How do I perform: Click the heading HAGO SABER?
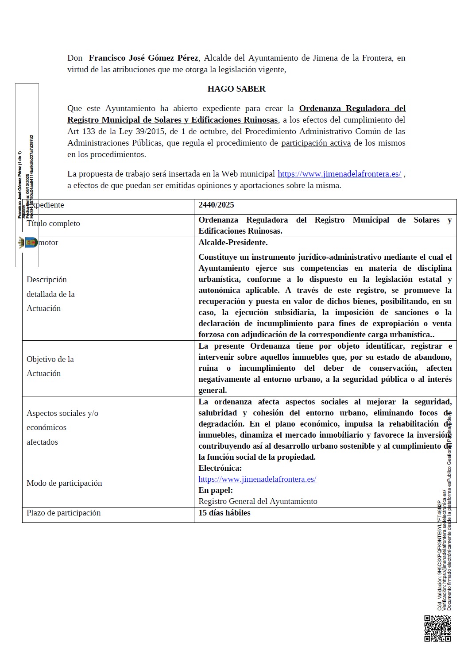pyautogui.click(x=236, y=89)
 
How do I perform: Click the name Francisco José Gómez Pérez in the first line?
pyautogui.click(x=143, y=58)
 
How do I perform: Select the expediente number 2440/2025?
pyautogui.click(x=216, y=205)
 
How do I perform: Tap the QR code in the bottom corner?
pyautogui.click(x=437, y=628)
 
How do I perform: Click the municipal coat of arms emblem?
pyautogui.click(x=27, y=242)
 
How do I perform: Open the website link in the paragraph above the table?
pyautogui.click(x=339, y=174)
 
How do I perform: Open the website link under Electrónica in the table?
pyautogui.click(x=257, y=479)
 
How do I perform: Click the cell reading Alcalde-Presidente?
pyautogui.click(x=233, y=242)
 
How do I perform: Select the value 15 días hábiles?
pyautogui.click(x=224, y=513)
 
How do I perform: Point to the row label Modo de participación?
pyautogui.click(x=64, y=483)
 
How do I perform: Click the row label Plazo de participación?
pyautogui.click(x=64, y=513)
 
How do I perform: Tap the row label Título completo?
pyautogui.click(x=54, y=223)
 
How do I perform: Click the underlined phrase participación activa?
pyautogui.click(x=316, y=143)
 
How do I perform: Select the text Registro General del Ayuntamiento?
pyautogui.click(x=258, y=501)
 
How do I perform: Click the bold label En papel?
pyautogui.click(x=216, y=490)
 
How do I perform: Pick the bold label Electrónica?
pyautogui.click(x=220, y=468)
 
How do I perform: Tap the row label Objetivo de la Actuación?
pyautogui.click(x=50, y=366)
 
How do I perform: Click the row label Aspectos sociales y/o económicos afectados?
pyautogui.click(x=62, y=427)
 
